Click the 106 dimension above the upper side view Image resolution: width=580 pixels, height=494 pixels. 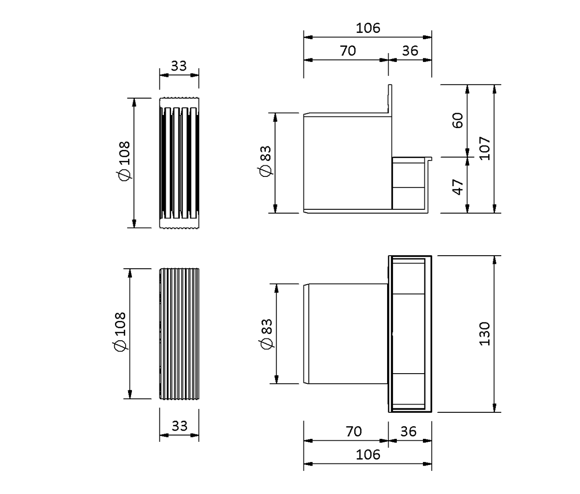click(x=368, y=29)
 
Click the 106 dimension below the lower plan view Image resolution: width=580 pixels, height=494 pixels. click(x=368, y=455)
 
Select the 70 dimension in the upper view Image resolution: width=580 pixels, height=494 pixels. click(x=348, y=51)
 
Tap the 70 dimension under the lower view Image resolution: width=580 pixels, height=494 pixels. click(x=353, y=432)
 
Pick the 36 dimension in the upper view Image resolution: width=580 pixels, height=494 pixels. click(x=410, y=51)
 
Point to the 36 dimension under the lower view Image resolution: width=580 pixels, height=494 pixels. click(x=408, y=432)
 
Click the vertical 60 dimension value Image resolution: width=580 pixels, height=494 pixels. click(x=458, y=120)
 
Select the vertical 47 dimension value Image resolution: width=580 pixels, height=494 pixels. click(x=458, y=187)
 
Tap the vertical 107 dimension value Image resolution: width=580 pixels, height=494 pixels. click(x=485, y=148)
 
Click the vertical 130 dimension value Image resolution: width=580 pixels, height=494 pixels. click(x=485, y=334)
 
